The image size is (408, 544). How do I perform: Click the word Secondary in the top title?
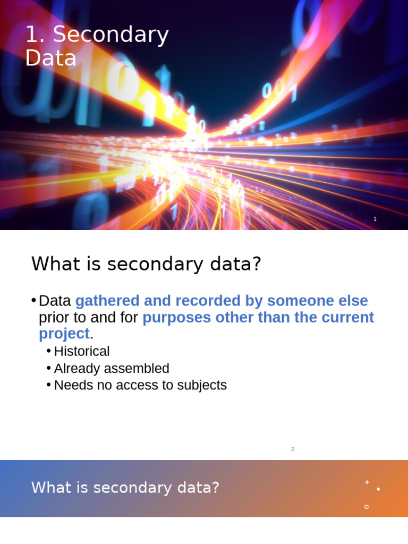tap(110, 35)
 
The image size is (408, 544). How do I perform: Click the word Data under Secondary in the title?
tap(50, 58)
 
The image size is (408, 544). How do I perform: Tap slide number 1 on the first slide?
tap(375, 219)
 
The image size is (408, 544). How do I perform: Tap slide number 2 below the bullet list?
tap(292, 449)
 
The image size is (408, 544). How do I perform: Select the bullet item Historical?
tap(81, 352)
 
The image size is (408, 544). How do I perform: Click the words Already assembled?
tap(112, 369)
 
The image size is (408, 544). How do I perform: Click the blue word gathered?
tap(108, 301)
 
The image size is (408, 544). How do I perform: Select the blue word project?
tap(64, 334)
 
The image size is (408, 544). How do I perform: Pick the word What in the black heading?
tap(53, 264)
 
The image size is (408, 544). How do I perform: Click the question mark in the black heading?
tap(257, 264)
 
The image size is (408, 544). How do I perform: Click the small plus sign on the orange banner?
tap(367, 482)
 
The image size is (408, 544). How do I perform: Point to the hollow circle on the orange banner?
tap(367, 507)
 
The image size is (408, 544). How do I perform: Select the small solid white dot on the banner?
tap(378, 489)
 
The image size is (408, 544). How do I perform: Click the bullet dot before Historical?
tap(49, 351)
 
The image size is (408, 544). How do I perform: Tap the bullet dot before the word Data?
tap(33, 300)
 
